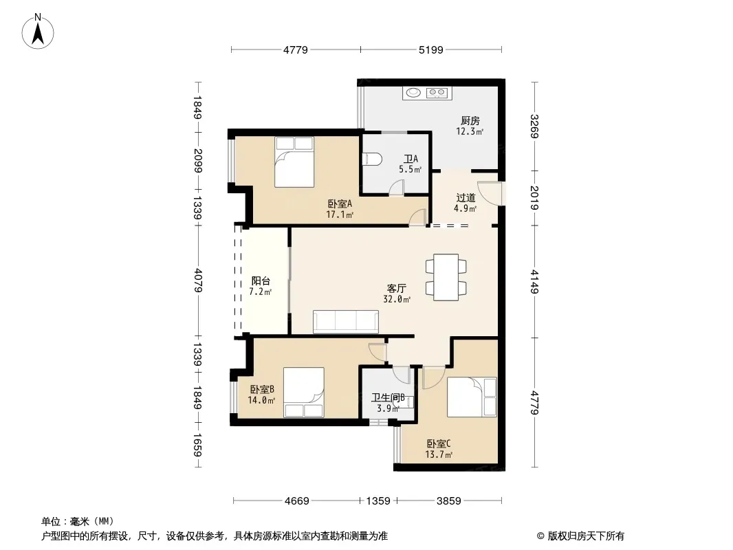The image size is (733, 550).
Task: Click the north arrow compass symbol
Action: click(38, 32)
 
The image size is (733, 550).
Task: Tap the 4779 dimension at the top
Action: click(296, 49)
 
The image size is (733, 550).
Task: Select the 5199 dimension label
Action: click(430, 49)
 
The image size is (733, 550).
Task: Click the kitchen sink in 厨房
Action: click(413, 93)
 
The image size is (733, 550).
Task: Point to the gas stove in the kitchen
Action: click(437, 93)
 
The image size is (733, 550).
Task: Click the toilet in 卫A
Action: click(373, 159)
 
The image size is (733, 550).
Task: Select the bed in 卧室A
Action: click(294, 162)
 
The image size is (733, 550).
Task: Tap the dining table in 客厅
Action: click(446, 277)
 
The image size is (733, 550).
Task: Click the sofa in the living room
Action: click(345, 322)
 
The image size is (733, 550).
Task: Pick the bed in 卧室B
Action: click(304, 393)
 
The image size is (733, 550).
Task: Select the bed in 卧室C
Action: click(472, 397)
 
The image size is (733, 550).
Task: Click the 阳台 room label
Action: click(261, 280)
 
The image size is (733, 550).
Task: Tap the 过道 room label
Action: click(466, 198)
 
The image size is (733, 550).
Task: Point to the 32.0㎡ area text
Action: click(397, 299)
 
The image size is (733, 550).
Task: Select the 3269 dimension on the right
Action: click(535, 126)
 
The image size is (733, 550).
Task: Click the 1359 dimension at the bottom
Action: click(378, 501)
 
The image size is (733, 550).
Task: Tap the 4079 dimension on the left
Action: click(198, 280)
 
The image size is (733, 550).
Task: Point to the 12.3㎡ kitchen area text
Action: click(470, 132)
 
